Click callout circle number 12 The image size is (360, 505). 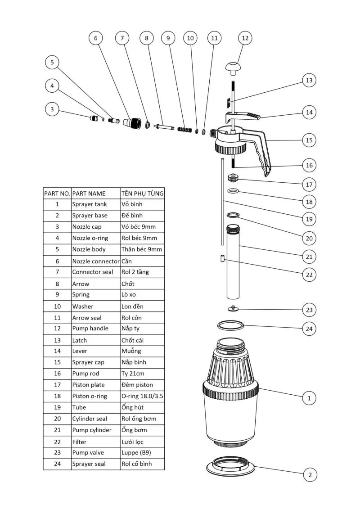[x=245, y=38]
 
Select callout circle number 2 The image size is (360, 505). [x=310, y=474]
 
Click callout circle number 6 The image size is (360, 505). [x=95, y=38]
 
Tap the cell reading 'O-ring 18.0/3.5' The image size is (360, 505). [x=142, y=396]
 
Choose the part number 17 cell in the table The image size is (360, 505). [x=57, y=385]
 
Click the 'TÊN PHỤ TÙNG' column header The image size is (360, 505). [x=142, y=193]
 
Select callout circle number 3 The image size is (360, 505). [x=52, y=109]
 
